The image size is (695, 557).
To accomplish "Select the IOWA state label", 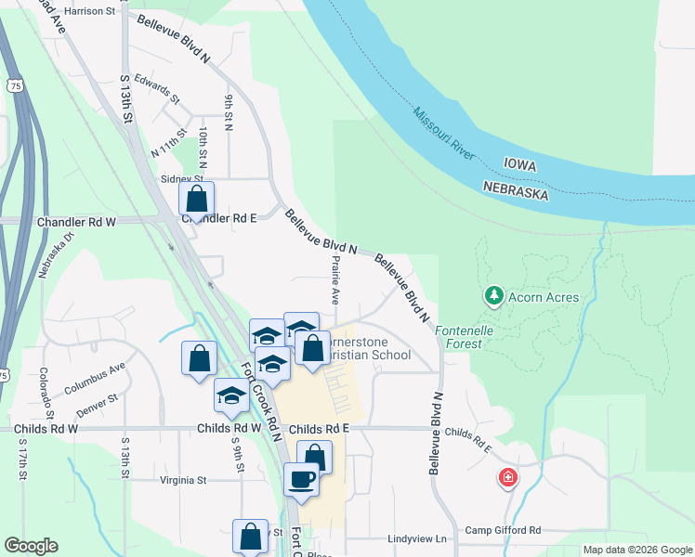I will [522, 163].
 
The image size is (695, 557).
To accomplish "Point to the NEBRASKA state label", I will [516, 189].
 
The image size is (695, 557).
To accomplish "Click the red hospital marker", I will [508, 478].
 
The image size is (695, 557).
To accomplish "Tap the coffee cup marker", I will [301, 479].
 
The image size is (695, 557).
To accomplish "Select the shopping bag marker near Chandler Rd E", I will [197, 199].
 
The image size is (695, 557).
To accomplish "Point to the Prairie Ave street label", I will [334, 279].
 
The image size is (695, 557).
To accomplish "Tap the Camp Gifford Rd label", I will [503, 530].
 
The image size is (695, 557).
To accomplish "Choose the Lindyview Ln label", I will [417, 538].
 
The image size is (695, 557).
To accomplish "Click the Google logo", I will [31, 546].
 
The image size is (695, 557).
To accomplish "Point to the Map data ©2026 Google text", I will [636, 550].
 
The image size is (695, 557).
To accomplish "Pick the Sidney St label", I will [181, 178].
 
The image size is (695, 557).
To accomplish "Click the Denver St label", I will [98, 405].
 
